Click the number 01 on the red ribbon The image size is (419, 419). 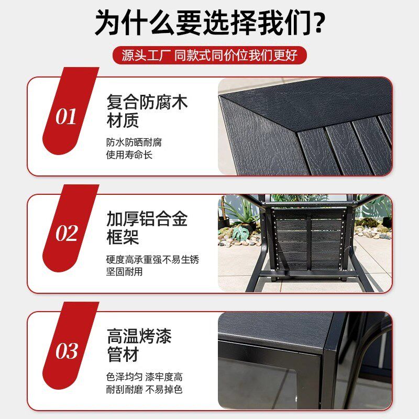tap(66, 117)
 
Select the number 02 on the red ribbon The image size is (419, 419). tap(67, 234)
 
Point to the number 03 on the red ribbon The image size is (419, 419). tap(67, 351)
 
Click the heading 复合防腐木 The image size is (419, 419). tap(147, 102)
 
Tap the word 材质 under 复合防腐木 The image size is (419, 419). tap(123, 121)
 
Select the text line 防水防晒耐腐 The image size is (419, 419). tap(130, 142)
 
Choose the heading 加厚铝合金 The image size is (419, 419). tap(147, 219)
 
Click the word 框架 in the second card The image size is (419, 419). tap(123, 238)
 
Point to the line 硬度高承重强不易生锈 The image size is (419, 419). tap(152, 259)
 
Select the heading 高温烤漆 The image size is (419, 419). tap(139, 336)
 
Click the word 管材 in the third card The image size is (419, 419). tap(123, 355)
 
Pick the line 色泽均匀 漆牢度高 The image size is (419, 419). tap(144, 377)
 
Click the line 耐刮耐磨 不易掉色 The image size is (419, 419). tap(144, 390)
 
